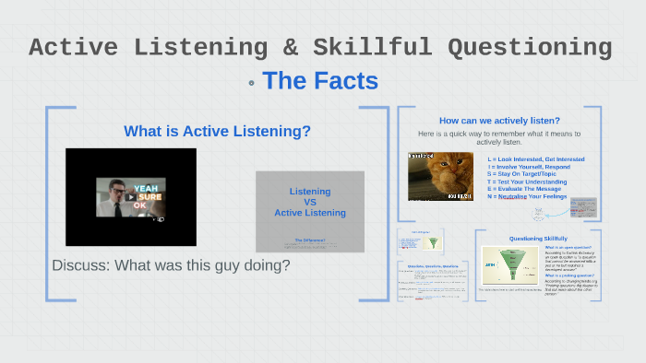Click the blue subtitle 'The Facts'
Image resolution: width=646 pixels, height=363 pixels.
pyautogui.click(x=320, y=81)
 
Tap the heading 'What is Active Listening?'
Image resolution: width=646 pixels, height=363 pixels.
pyautogui.click(x=217, y=132)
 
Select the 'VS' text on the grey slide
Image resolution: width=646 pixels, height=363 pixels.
pyautogui.click(x=310, y=202)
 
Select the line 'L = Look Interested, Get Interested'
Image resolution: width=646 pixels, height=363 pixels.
pyautogui.click(x=536, y=159)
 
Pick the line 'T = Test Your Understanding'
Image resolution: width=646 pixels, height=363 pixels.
pyautogui.click(x=527, y=181)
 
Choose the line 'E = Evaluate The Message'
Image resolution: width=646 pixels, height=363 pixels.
pyautogui.click(x=523, y=189)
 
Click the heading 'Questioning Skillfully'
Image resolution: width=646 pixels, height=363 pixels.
pyautogui.click(x=537, y=239)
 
